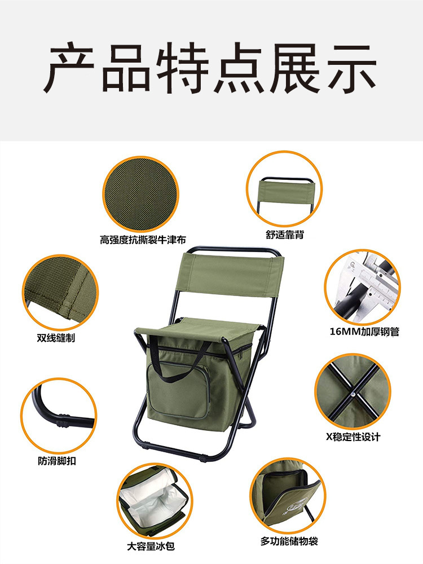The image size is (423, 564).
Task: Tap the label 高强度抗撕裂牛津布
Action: [x=143, y=240]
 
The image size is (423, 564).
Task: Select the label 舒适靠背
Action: [x=285, y=235]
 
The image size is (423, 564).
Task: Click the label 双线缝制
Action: [x=56, y=338]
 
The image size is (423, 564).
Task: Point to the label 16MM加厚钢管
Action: [x=364, y=331]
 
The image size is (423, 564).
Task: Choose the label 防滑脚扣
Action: [x=57, y=461]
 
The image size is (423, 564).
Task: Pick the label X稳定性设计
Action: [x=353, y=437]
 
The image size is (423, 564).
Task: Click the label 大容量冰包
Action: [x=151, y=547]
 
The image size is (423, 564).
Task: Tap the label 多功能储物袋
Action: [x=289, y=541]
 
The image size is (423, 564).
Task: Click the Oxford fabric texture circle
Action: [x=140, y=194]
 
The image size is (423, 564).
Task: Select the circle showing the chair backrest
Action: [x=284, y=189]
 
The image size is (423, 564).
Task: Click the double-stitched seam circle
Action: [x=60, y=292]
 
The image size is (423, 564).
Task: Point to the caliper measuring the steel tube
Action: [x=374, y=284]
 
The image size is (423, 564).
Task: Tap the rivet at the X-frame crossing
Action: [x=354, y=395]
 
